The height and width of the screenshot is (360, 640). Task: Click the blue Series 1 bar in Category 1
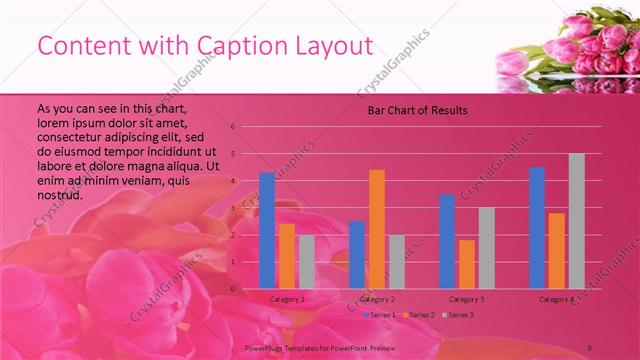pyautogui.click(x=267, y=230)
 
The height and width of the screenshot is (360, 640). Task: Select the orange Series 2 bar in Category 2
pyautogui.click(x=377, y=229)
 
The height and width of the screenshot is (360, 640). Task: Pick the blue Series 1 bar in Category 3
pyautogui.click(x=447, y=241)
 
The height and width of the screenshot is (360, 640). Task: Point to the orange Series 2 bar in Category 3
pyautogui.click(x=467, y=264)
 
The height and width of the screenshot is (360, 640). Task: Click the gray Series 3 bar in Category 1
pyautogui.click(x=306, y=262)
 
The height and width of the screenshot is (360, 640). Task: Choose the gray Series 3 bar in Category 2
pyautogui.click(x=396, y=262)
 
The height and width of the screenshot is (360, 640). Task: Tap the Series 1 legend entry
pyautogui.click(x=382, y=315)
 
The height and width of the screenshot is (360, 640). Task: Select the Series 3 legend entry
pyautogui.click(x=459, y=315)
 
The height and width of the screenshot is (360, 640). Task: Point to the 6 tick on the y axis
pyautogui.click(x=232, y=127)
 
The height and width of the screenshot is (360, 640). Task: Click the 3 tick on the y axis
pyautogui.click(x=232, y=208)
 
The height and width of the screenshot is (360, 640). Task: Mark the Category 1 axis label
pyautogui.click(x=287, y=299)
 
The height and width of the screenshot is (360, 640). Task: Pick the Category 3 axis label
pyautogui.click(x=467, y=299)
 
